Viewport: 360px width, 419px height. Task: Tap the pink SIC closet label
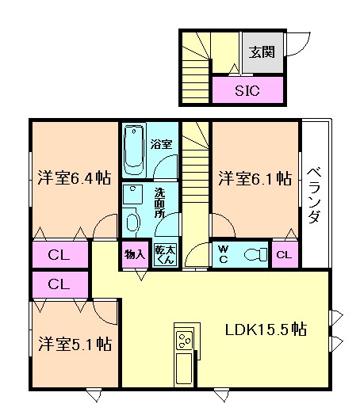point(247,90)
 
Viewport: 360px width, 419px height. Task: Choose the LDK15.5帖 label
point(265,329)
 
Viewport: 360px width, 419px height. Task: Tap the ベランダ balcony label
point(314,194)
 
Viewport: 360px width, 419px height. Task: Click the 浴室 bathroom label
point(162,146)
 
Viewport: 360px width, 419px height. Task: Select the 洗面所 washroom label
point(159,203)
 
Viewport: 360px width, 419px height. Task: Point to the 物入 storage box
point(135,254)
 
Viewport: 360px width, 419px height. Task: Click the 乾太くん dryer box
point(164,254)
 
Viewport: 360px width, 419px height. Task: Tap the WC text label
point(223,254)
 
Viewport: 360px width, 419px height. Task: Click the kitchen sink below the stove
point(184,368)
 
